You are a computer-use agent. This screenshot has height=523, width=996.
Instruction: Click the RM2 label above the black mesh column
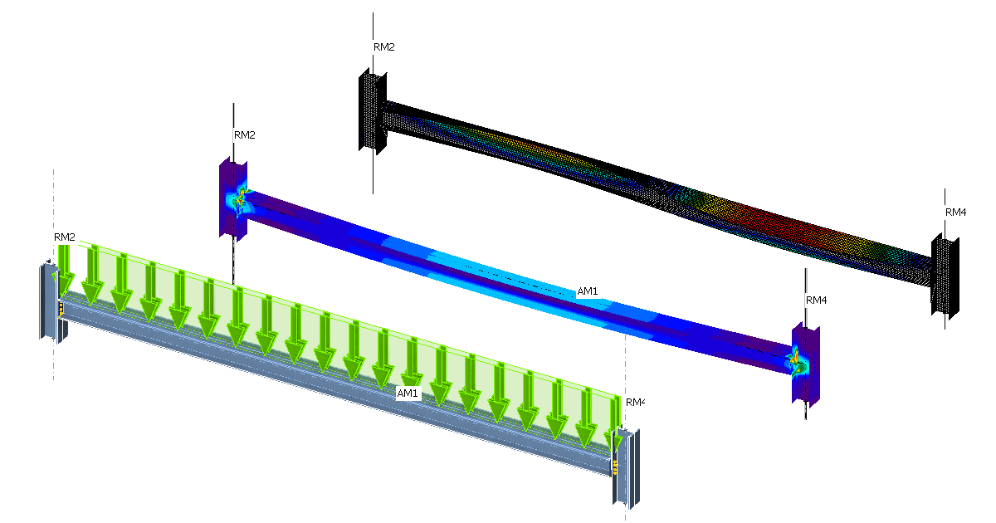[383, 47]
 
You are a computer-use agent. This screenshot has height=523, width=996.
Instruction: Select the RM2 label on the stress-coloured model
[244, 134]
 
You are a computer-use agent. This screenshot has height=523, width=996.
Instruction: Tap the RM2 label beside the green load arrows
[65, 237]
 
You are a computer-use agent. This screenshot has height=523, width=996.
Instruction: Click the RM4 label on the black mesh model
[955, 213]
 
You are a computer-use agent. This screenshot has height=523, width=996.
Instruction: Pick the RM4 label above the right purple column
[817, 301]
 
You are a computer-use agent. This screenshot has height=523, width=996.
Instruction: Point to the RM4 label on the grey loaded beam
[635, 402]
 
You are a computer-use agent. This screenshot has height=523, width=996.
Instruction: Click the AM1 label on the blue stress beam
[587, 292]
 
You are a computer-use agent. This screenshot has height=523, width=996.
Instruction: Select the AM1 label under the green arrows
[408, 393]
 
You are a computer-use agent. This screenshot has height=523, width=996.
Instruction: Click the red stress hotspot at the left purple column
[241, 200]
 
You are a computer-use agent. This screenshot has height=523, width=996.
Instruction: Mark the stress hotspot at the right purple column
[794, 360]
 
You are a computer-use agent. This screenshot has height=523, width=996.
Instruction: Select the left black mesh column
[373, 112]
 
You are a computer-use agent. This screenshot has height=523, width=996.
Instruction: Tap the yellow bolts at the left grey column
[61, 309]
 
